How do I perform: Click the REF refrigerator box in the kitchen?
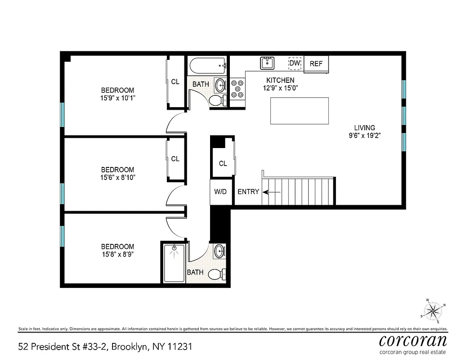[x=316, y=63]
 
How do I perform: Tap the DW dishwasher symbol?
[x=295, y=63]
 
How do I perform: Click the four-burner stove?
[x=237, y=88]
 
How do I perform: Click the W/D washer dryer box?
[x=220, y=192]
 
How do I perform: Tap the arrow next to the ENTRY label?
[x=272, y=192]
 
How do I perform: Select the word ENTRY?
[x=248, y=192]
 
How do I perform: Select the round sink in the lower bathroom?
[x=220, y=252]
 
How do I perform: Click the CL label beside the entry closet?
[x=223, y=163]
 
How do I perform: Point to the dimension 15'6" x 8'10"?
[x=117, y=177]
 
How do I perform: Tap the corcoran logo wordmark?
[x=413, y=340]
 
